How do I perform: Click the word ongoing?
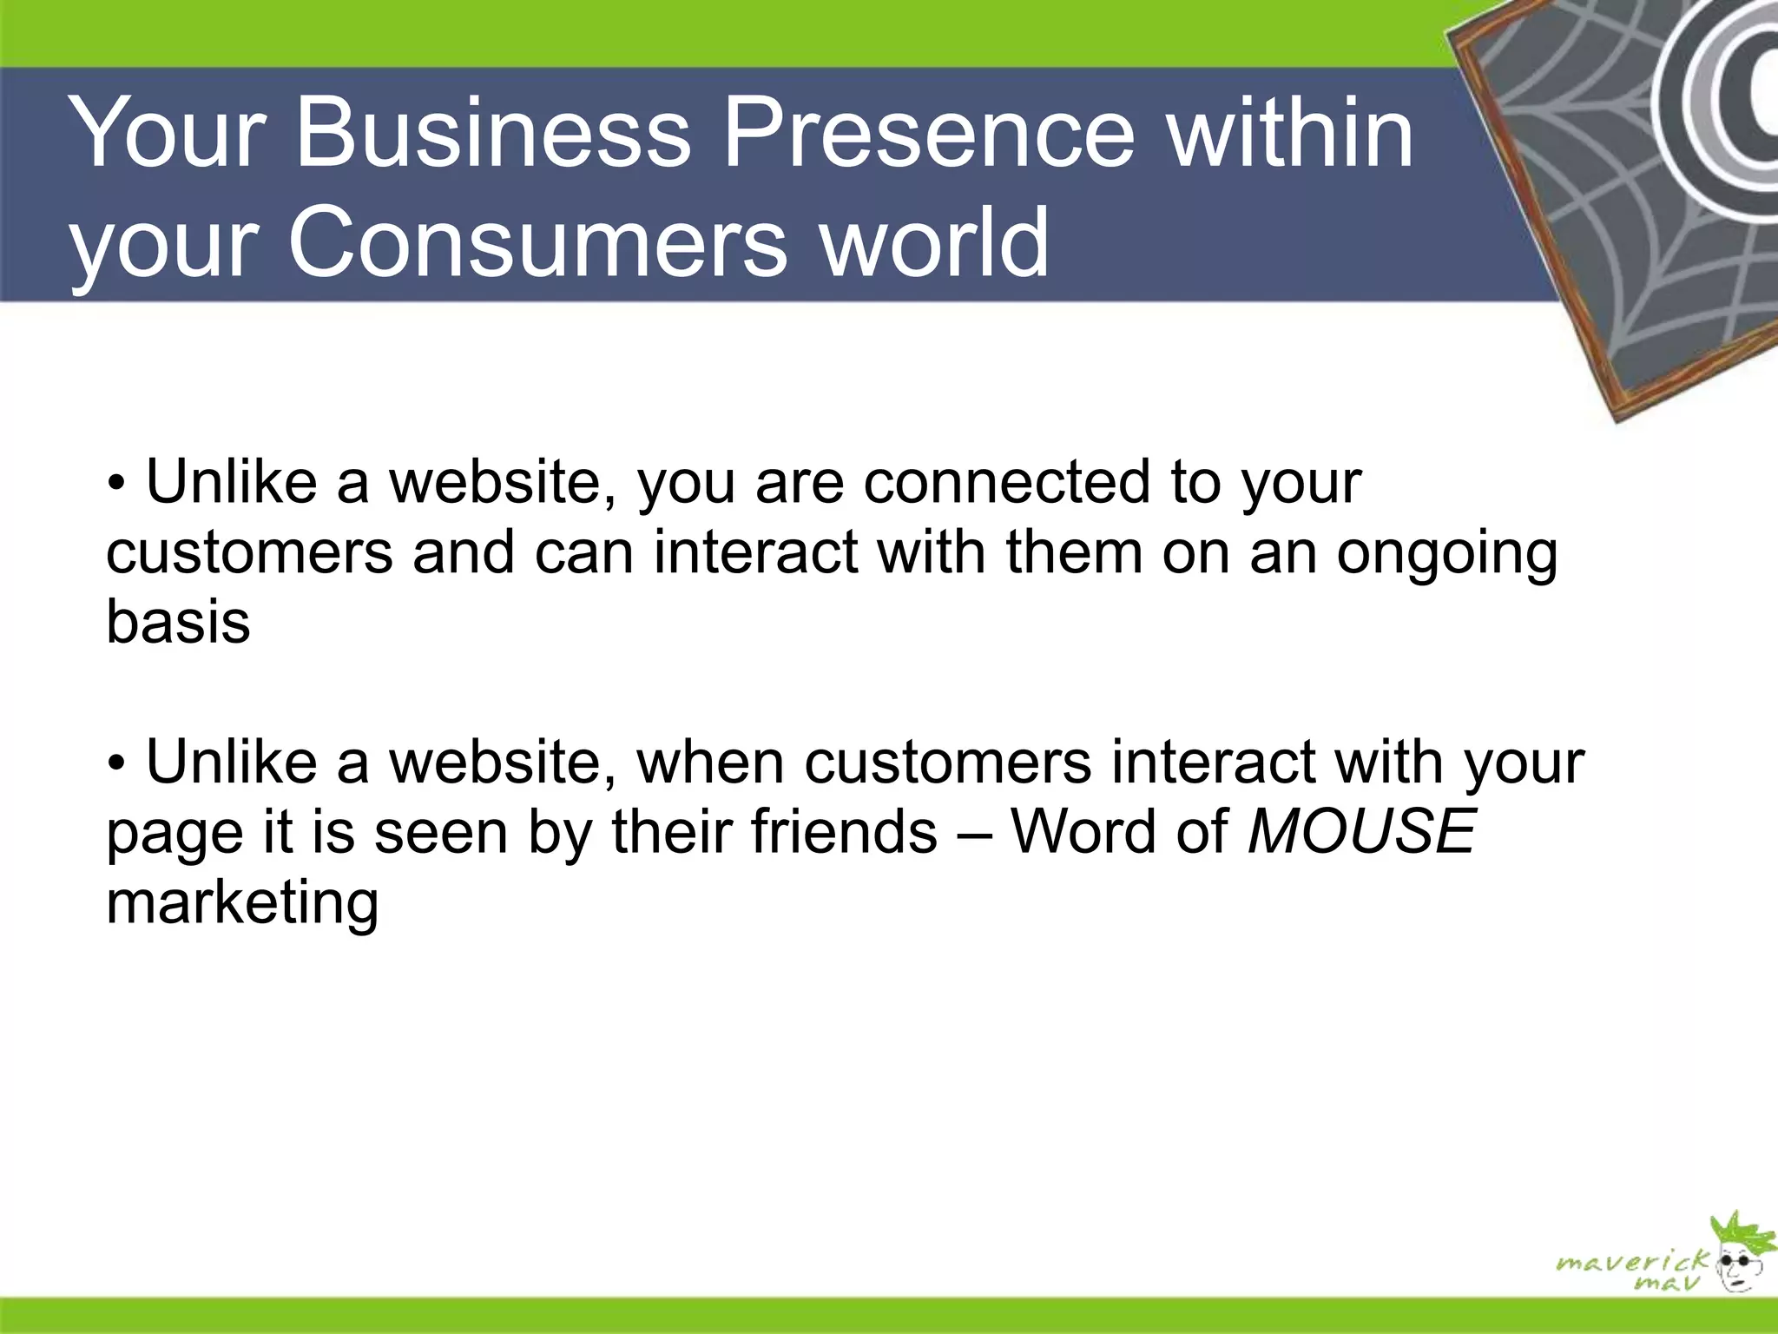[1446, 553]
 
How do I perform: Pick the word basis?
[178, 622]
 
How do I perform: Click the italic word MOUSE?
[1360, 831]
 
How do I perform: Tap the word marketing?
[242, 903]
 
